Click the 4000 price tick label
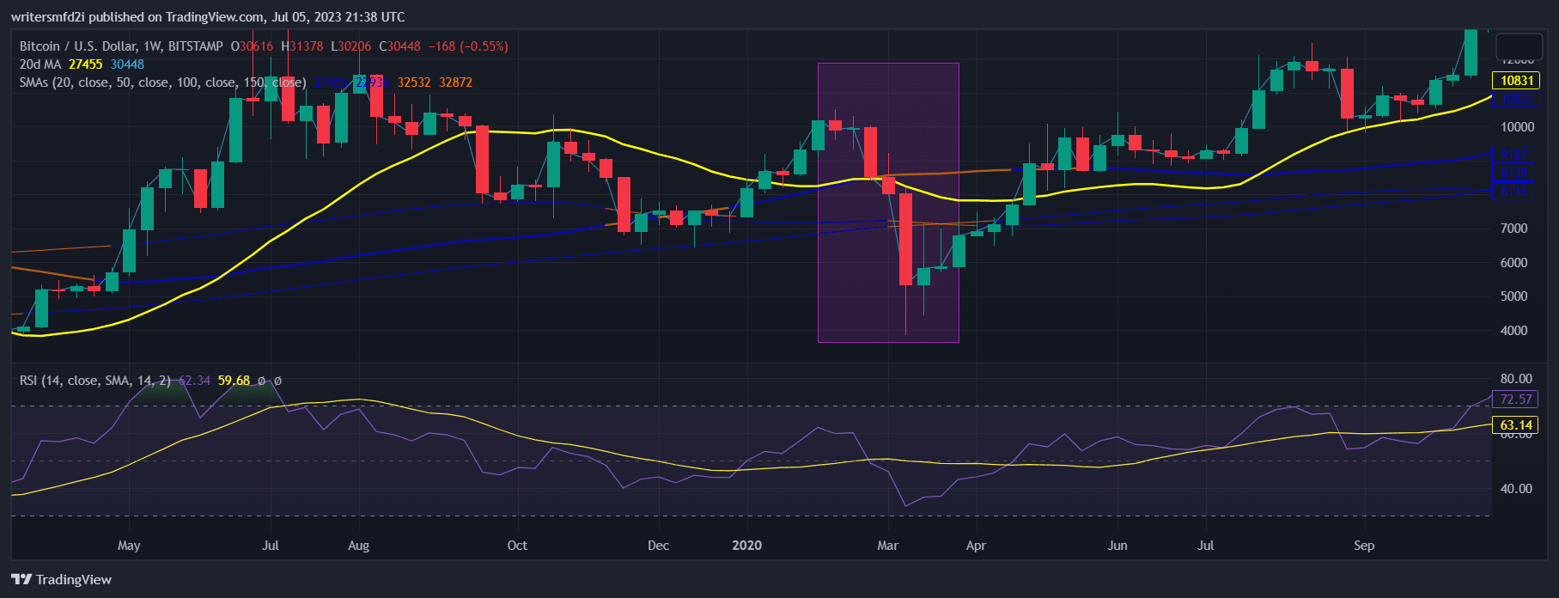pos(1513,331)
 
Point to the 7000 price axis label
pos(1513,229)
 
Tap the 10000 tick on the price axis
pos(1516,127)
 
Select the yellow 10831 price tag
pos(1516,81)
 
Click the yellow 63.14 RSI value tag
pos(1516,425)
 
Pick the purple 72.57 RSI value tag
pos(1516,400)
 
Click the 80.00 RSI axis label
pos(1516,379)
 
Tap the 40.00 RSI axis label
pos(1516,489)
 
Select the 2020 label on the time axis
pos(746,546)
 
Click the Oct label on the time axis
pos(517,546)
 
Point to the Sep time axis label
pos(1363,546)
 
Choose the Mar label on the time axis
pos(887,546)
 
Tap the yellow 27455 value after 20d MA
pos(85,64)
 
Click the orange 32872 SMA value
pos(455,82)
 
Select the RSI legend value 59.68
pos(234,381)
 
